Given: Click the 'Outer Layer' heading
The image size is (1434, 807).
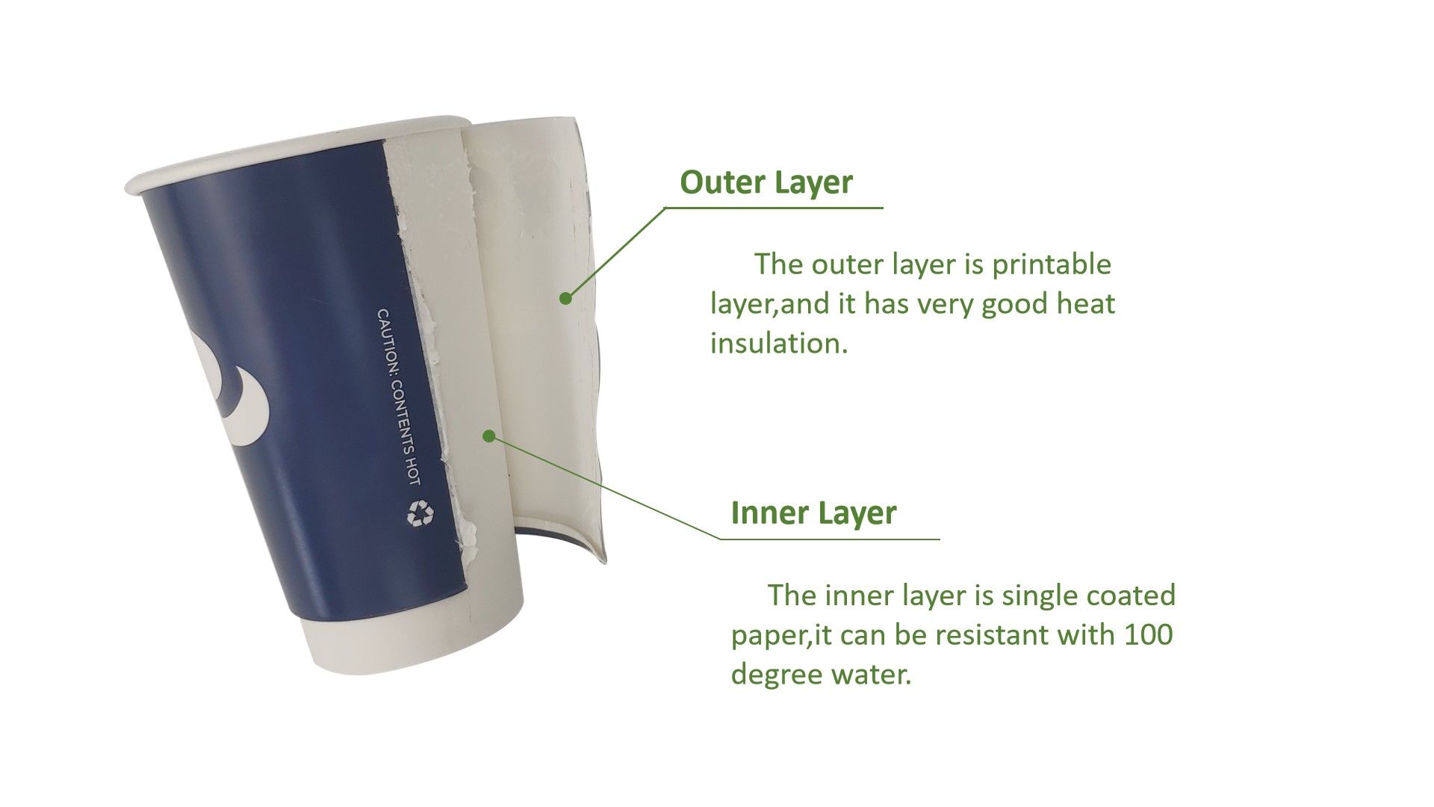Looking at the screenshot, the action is [x=766, y=182].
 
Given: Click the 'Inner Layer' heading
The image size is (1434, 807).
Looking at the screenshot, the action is [x=813, y=513].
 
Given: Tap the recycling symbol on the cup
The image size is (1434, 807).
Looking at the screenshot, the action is [x=420, y=513].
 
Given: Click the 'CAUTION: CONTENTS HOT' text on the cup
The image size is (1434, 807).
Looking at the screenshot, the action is [x=399, y=397].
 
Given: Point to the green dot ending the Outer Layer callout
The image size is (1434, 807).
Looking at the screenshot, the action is [x=565, y=298].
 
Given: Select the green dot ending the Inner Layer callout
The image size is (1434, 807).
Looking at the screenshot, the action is [x=489, y=435].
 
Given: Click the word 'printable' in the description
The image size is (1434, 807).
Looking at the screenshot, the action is [x=1052, y=265].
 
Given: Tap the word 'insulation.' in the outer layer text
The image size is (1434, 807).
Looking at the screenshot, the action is [x=779, y=343].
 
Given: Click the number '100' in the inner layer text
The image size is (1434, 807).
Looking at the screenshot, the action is [x=1148, y=635].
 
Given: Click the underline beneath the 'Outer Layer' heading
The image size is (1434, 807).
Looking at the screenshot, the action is [x=774, y=208].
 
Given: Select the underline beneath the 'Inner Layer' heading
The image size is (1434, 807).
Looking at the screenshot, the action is [x=830, y=539].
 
